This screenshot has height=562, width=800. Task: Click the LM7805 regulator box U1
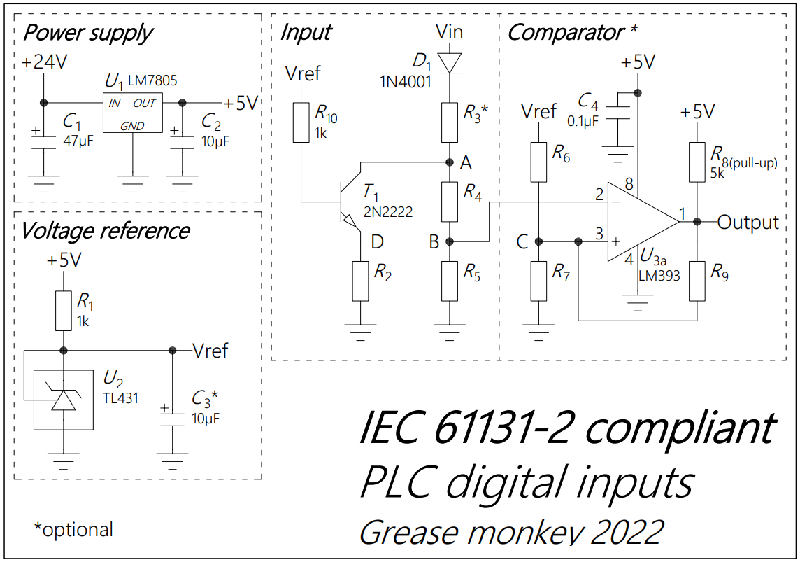click(x=132, y=112)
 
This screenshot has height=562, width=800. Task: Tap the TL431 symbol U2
click(x=64, y=399)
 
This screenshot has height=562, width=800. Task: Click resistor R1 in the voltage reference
click(x=64, y=311)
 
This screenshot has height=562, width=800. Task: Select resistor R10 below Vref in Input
click(x=301, y=122)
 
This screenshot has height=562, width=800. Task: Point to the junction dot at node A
click(x=449, y=162)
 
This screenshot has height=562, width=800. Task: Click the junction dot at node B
click(x=449, y=242)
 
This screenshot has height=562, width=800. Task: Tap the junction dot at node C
click(x=538, y=242)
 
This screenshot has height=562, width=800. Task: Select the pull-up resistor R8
click(x=697, y=162)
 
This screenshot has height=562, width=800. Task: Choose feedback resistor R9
click(x=697, y=281)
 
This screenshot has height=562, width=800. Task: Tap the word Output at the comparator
click(x=748, y=223)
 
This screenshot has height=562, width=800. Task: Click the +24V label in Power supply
click(x=44, y=62)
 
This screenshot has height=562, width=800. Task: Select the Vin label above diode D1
click(x=449, y=31)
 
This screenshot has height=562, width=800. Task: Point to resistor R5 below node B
click(x=449, y=281)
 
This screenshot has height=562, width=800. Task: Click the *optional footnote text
click(x=73, y=530)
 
